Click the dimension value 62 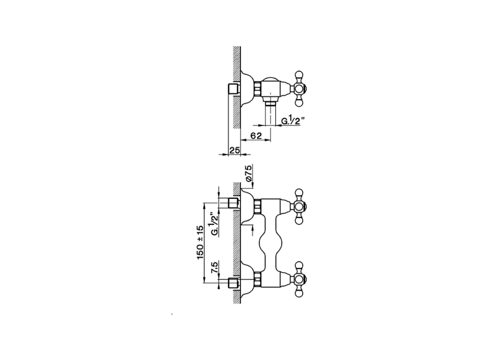coord(256,136)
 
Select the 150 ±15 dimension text coord(199,243)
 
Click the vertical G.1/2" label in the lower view coord(214,224)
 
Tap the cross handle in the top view coord(299,88)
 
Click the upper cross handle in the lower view coord(299,206)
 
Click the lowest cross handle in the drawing coord(299,279)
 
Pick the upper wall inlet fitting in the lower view coord(233,203)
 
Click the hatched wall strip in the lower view coord(237,244)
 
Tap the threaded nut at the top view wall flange coord(258,88)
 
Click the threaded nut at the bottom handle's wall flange coord(258,279)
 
